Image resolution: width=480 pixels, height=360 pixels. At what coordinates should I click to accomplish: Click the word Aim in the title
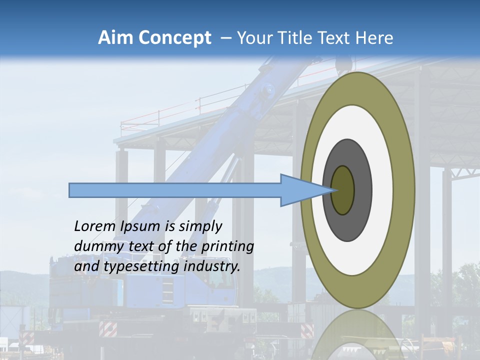116,38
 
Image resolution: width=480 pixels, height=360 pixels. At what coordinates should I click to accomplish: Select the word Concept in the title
175,38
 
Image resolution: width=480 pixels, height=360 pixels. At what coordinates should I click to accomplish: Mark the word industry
212,266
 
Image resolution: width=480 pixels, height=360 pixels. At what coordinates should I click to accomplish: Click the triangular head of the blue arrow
300,190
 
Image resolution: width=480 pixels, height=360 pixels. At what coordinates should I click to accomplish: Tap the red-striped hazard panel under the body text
108,329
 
